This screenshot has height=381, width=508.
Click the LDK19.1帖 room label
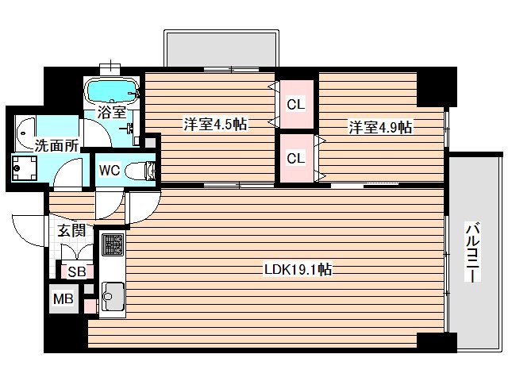click(298, 270)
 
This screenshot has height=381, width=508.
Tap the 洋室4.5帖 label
click(214, 124)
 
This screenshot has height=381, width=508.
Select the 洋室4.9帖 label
click(379, 126)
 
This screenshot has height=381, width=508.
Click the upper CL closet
click(296, 104)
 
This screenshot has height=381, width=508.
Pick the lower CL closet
click(296, 158)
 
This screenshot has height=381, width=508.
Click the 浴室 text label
click(111, 113)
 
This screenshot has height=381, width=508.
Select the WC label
click(110, 170)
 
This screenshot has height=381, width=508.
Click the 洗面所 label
click(33, 145)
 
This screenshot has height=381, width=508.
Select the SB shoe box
click(76, 271)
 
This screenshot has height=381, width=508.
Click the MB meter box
click(62, 300)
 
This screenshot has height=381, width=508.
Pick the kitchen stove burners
click(112, 246)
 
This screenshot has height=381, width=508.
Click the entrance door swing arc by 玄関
click(28, 230)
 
